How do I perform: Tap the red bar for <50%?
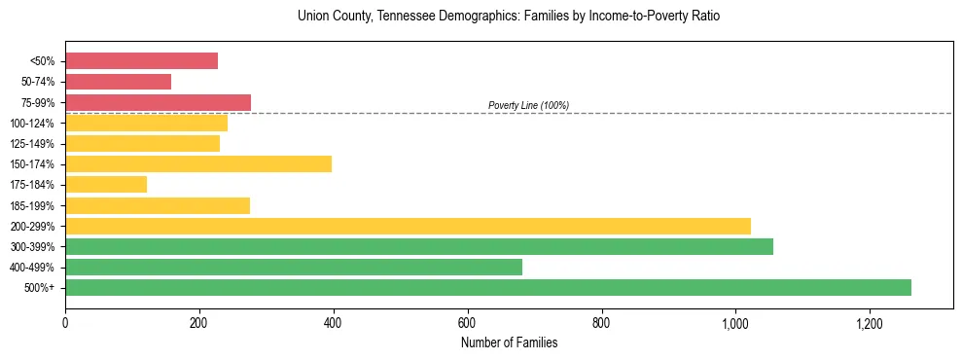pyautogui.click(x=141, y=61)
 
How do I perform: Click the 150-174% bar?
pyautogui.click(x=198, y=163)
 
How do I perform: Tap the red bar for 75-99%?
pyautogui.click(x=158, y=102)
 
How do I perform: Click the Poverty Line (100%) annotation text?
pyautogui.click(x=528, y=105)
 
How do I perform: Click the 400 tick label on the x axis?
pyautogui.click(x=334, y=324)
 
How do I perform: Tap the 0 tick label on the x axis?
pyautogui.click(x=65, y=324)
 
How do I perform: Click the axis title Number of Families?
pyautogui.click(x=509, y=342)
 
